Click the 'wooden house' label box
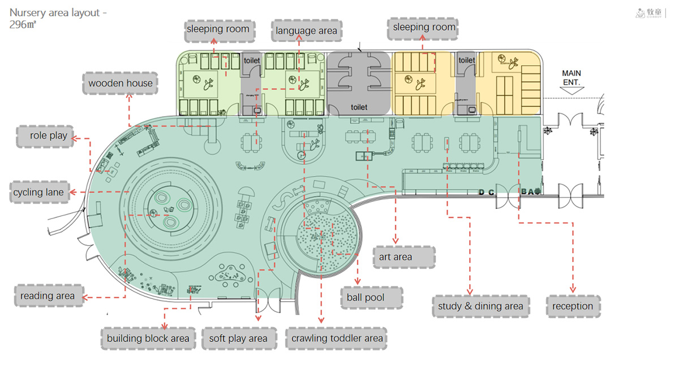coord(121,83)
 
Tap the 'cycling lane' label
coord(38,192)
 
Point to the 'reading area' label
coord(48,296)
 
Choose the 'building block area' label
coord(148,339)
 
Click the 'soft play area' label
coord(238,339)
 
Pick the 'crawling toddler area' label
coord(337,339)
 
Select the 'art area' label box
coord(396,257)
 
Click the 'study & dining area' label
coord(480,306)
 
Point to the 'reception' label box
coord(573,306)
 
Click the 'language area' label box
coord(307,31)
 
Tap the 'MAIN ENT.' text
coord(571,78)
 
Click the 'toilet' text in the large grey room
coord(359,107)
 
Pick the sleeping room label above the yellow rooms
coord(424,28)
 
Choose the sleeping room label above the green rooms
coord(218,29)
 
